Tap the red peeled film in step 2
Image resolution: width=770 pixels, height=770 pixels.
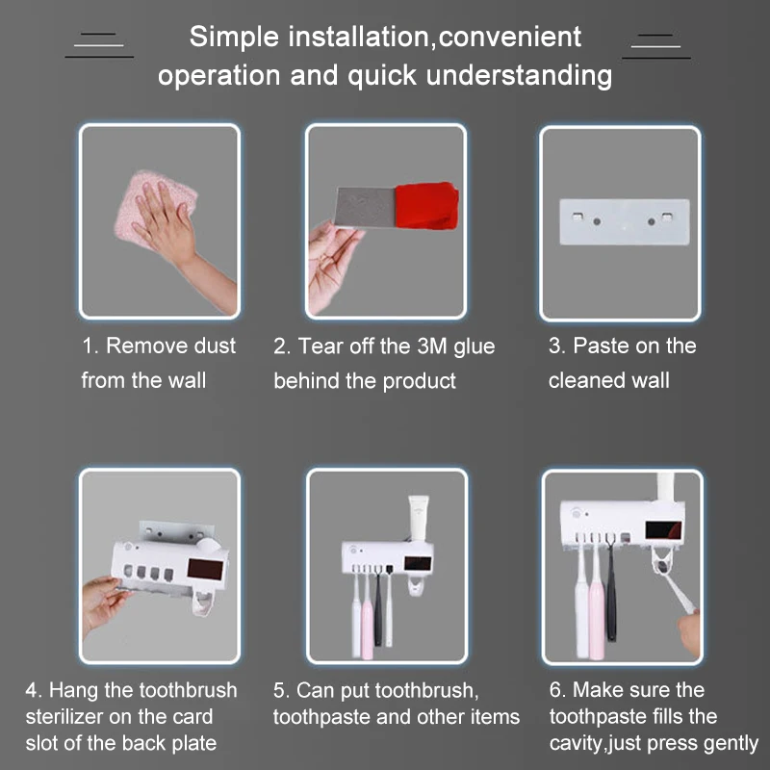tap(426, 205)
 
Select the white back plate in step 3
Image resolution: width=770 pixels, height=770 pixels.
tap(624, 221)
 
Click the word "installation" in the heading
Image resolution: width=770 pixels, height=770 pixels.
tap(358, 37)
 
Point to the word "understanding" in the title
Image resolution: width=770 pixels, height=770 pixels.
tap(519, 76)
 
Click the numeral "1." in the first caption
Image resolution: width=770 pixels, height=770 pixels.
tap(90, 346)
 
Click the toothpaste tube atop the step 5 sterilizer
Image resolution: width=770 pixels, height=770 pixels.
tap(419, 517)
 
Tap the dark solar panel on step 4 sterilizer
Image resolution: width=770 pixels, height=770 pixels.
tap(205, 569)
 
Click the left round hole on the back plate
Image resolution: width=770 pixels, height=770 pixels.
tap(597, 221)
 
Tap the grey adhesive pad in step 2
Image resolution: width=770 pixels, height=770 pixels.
tap(366, 207)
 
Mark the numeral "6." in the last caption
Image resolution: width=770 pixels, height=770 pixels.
tap(558, 690)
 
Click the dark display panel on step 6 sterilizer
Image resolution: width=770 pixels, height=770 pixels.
tap(663, 530)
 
